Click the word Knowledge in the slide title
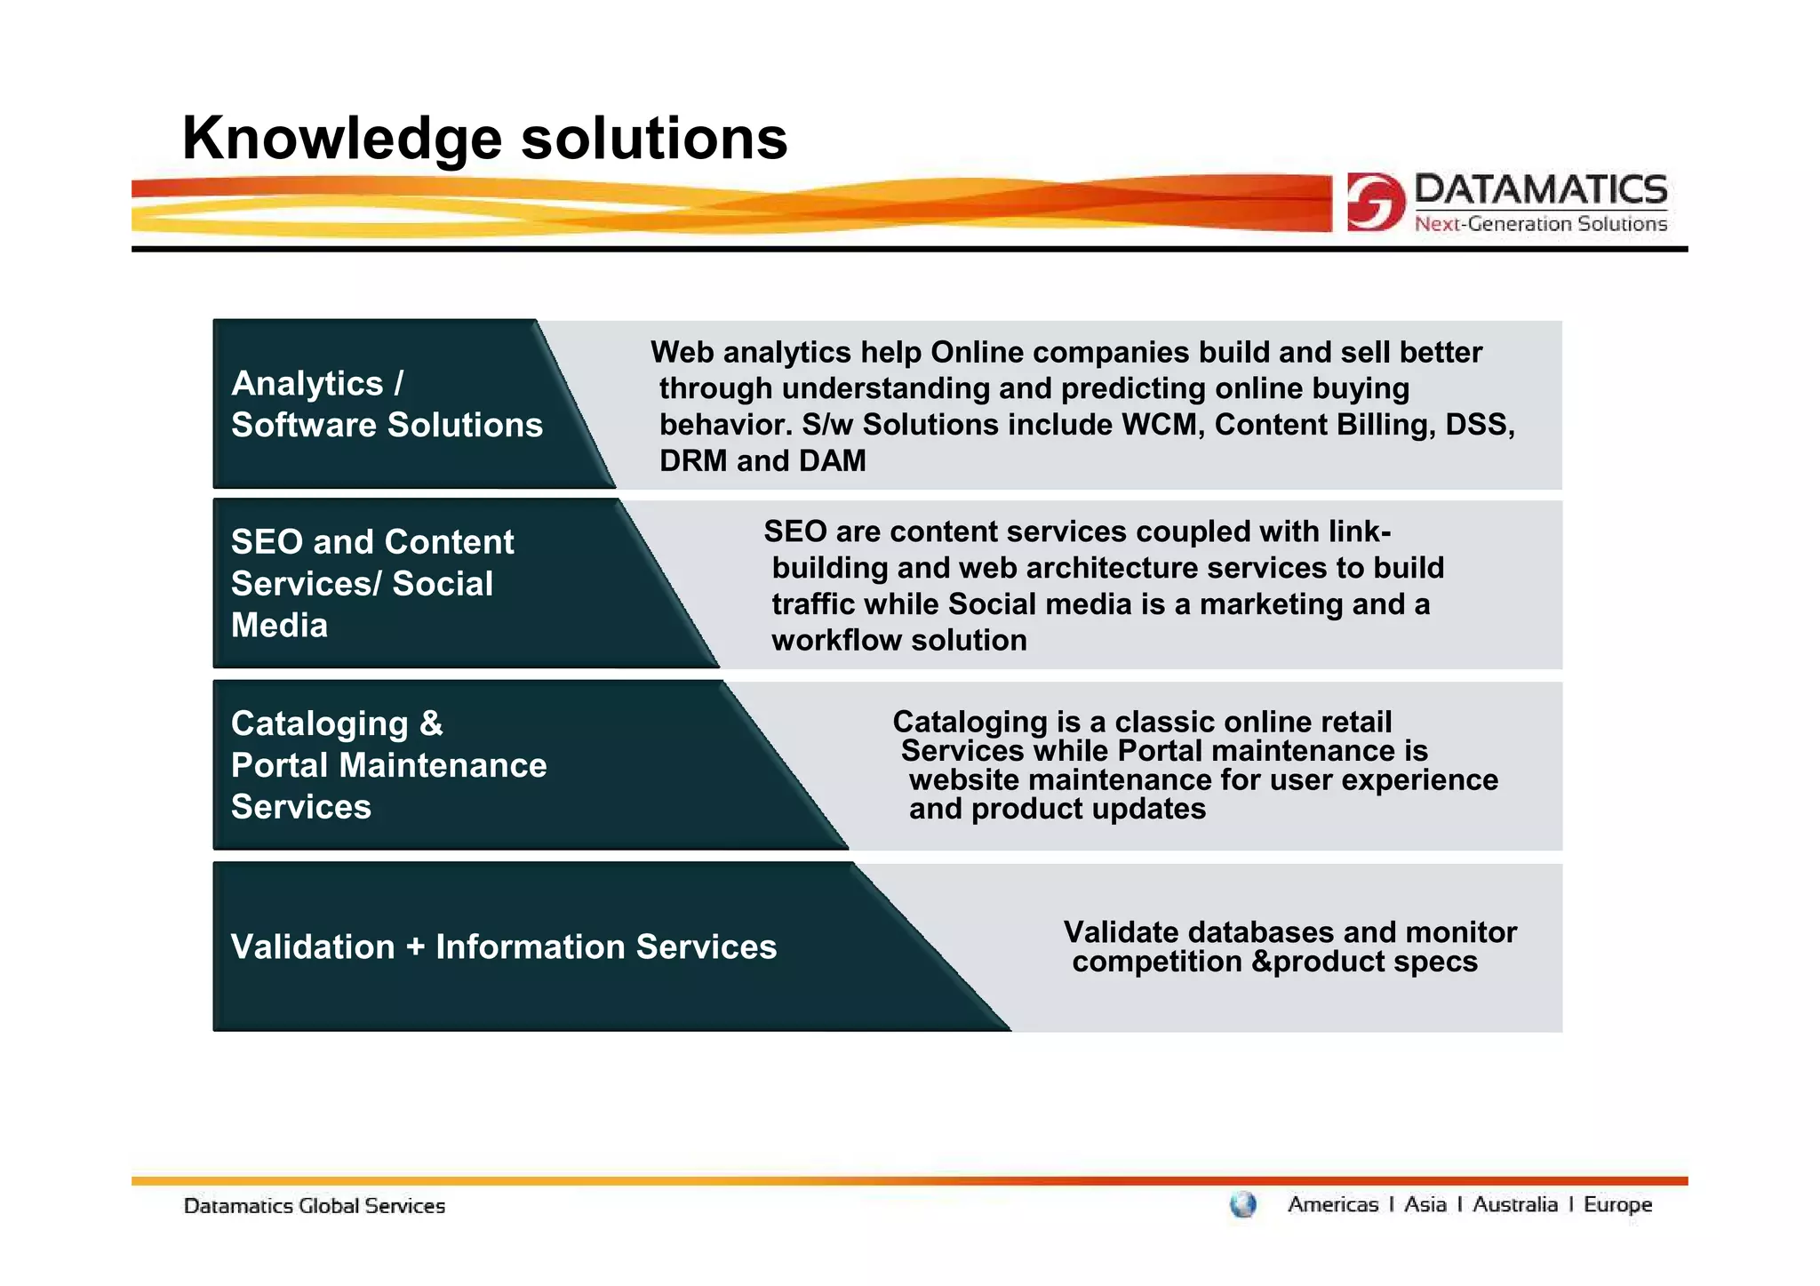342,140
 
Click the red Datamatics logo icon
1375,202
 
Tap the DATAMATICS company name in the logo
1540,190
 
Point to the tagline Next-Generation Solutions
1540,224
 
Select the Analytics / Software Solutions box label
386,404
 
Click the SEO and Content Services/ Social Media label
371,584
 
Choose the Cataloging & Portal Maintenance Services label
388,765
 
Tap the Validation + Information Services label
503,947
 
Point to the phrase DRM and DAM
762,461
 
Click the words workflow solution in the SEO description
898,641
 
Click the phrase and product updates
1057,810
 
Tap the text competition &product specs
1273,963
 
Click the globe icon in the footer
1242,1205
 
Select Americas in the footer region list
1332,1205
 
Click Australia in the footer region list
1514,1205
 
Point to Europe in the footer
1617,1205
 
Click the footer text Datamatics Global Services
314,1207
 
